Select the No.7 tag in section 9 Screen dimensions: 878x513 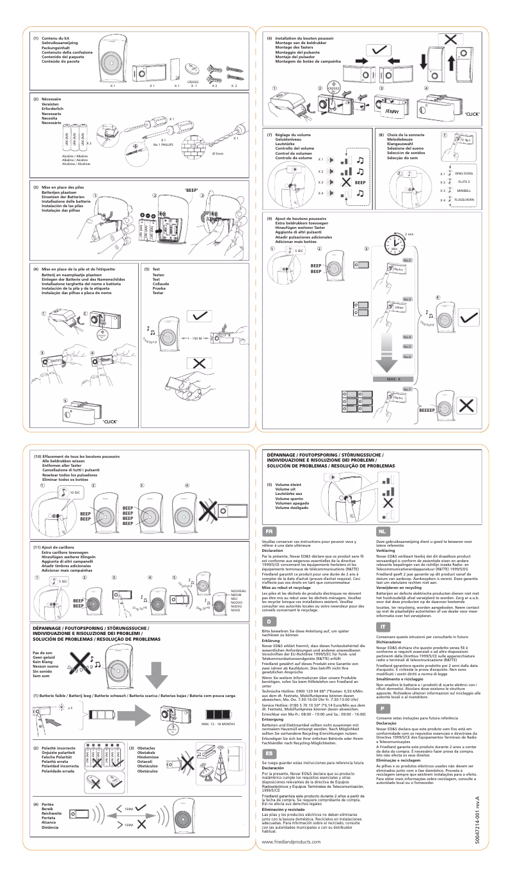[x=407, y=389]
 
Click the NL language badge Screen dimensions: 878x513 [x=382, y=531]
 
